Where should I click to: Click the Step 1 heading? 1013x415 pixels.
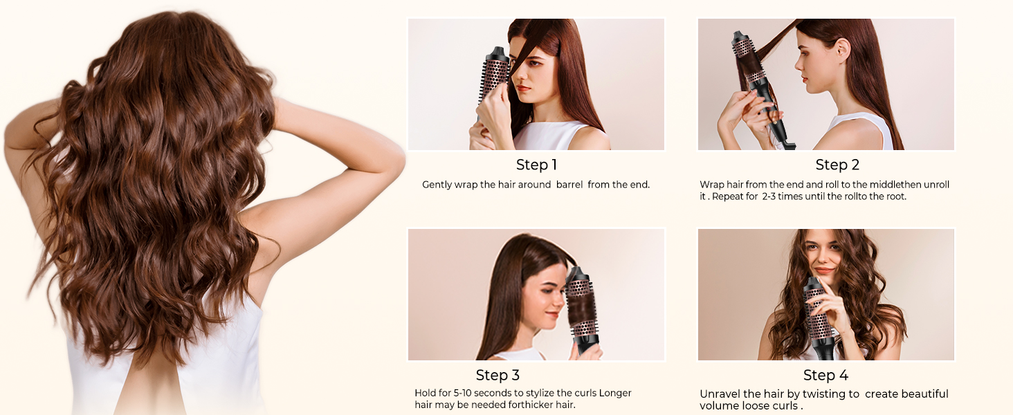coord(536,165)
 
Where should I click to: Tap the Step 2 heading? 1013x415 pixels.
coord(837,165)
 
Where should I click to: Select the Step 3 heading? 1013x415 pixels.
coord(498,375)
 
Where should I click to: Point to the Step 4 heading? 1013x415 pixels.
coord(825,375)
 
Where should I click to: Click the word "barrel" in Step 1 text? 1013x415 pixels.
coord(569,185)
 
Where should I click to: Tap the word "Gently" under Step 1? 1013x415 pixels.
coord(437,185)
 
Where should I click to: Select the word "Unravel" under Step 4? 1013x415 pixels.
coord(720,394)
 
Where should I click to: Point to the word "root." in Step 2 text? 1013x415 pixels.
coord(894,196)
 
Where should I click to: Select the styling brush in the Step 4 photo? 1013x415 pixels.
coord(818,315)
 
